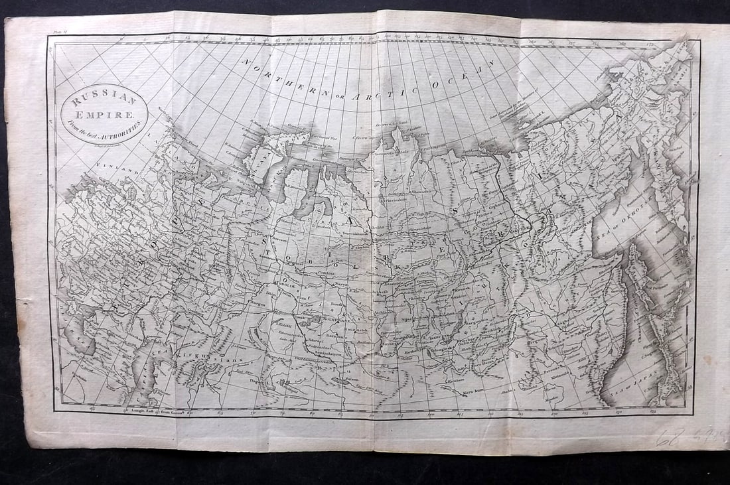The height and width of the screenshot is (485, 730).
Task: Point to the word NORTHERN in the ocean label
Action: (283, 80)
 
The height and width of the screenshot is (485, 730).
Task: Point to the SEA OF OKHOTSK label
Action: (618, 226)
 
